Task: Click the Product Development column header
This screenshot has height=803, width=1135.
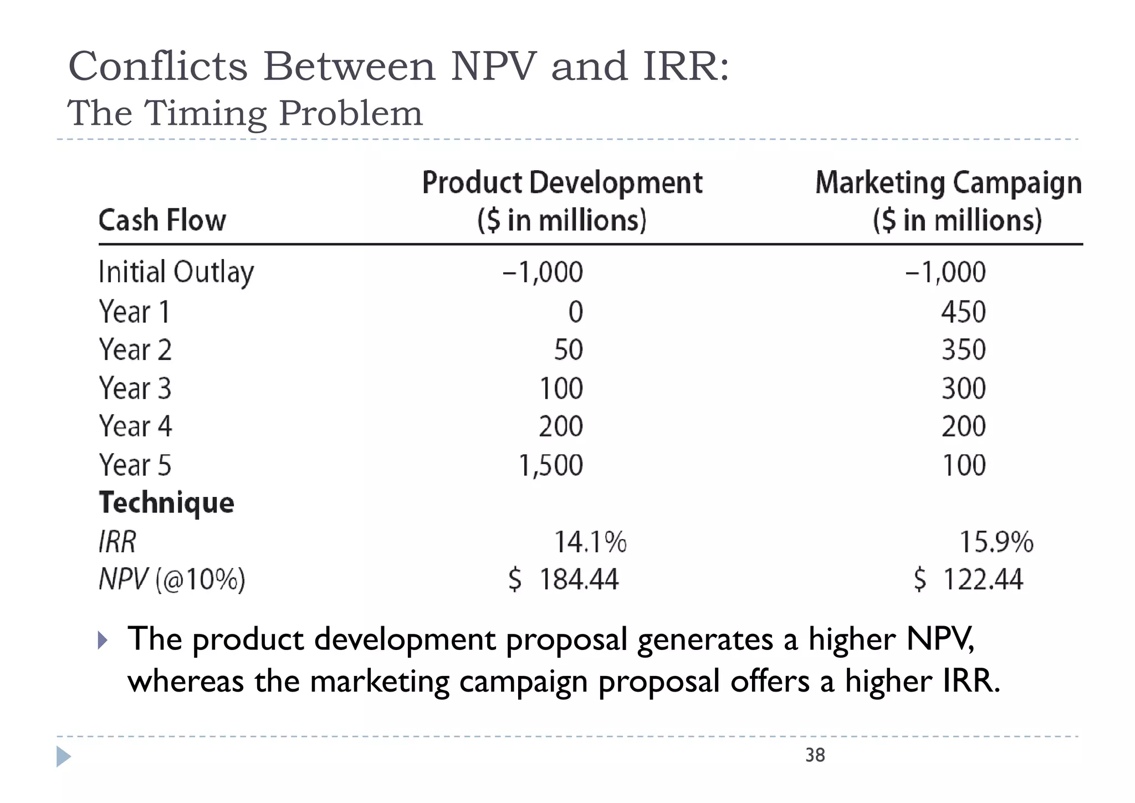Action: [562, 201]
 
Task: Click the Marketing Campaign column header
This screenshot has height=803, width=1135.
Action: [948, 201]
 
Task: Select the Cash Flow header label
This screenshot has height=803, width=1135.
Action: [162, 220]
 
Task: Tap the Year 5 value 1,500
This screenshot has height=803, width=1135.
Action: [550, 465]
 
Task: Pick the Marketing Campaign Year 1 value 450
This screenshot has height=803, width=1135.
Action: [963, 312]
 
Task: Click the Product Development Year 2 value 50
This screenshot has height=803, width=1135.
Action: [568, 350]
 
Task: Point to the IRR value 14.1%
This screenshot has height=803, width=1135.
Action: [590, 542]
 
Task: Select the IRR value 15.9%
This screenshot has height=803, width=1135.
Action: [996, 542]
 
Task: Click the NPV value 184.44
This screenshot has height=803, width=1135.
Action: [578, 580]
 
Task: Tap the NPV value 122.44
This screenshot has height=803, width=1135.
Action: [982, 580]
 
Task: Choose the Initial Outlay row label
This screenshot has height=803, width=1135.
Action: [176, 272]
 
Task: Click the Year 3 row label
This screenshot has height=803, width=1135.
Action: [135, 388]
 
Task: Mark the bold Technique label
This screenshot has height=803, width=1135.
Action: [166, 503]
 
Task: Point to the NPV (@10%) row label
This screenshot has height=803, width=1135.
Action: [172, 580]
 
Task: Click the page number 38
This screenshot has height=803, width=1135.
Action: [815, 755]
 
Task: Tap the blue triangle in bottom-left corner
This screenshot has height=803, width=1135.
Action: [63, 757]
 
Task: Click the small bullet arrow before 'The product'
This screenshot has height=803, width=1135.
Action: [102, 641]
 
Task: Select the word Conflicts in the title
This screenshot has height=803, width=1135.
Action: [157, 67]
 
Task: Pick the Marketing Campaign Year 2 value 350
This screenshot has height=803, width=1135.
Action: [963, 350]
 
